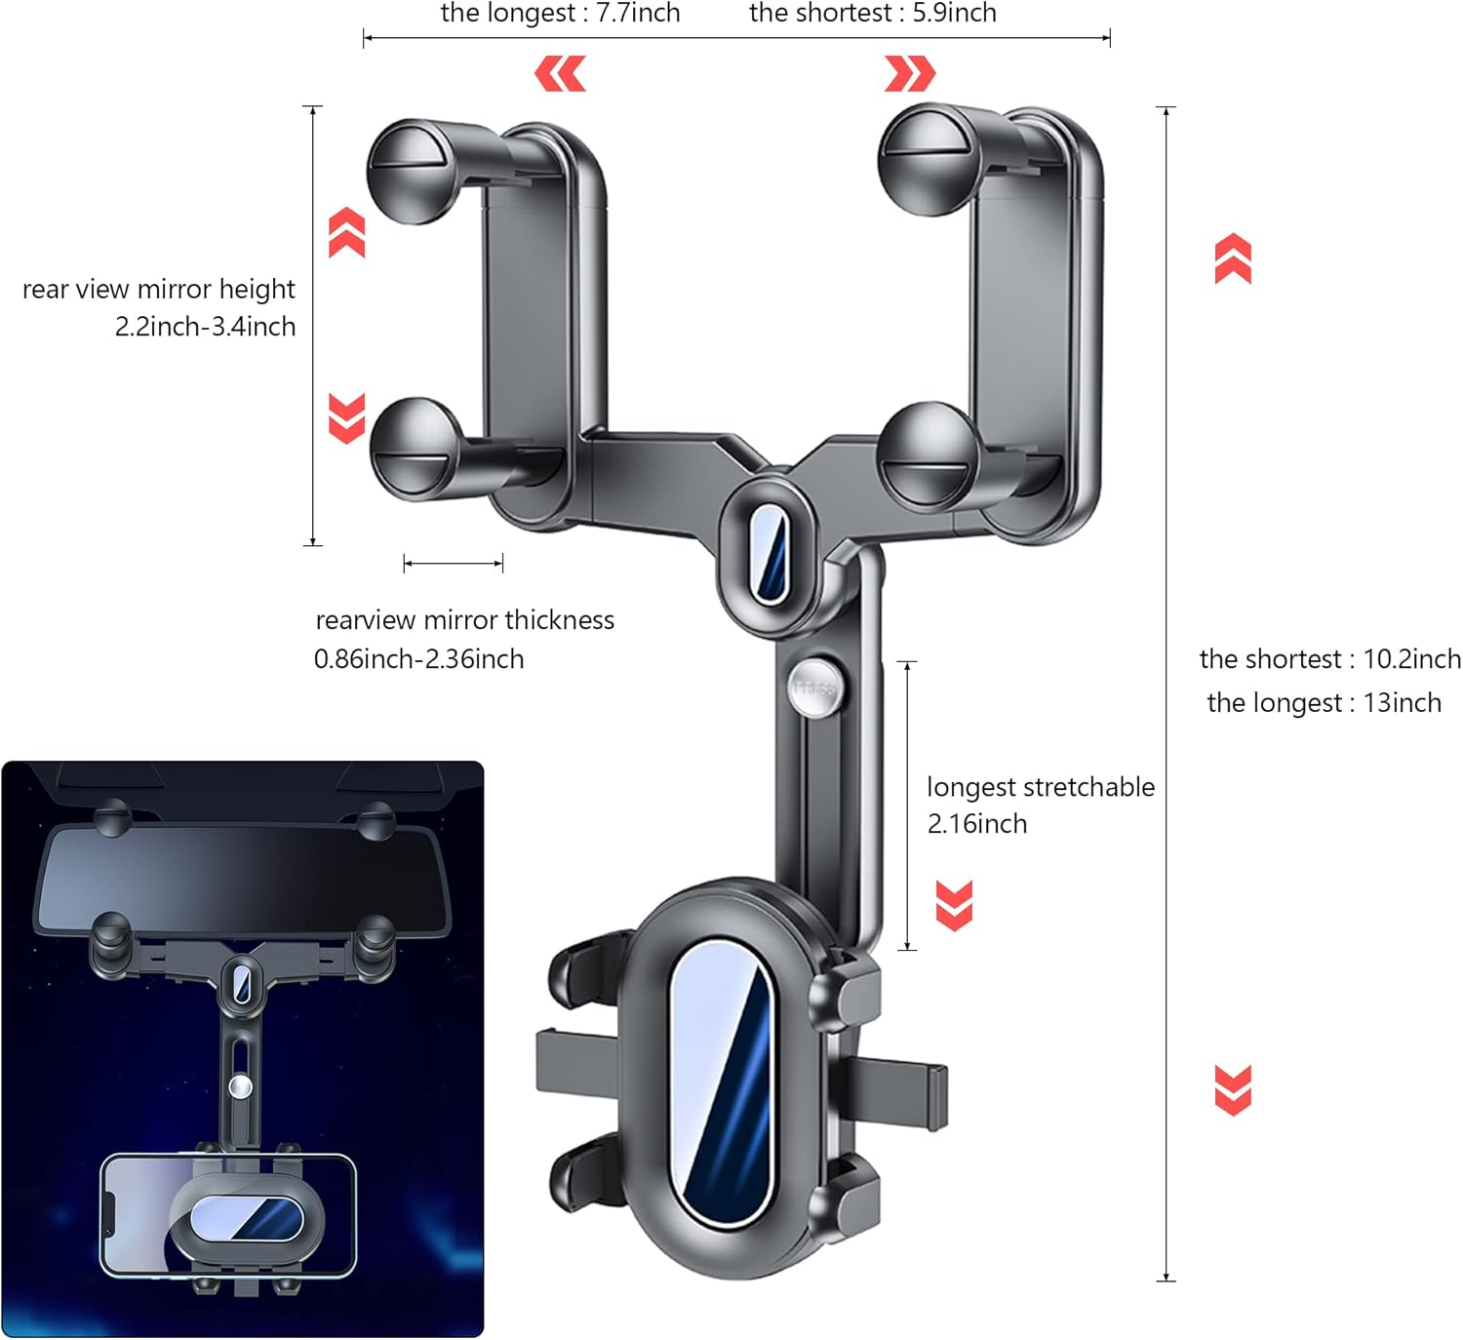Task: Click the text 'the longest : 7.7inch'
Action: click(560, 13)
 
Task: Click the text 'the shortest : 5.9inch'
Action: click(872, 13)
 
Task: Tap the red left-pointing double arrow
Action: click(560, 73)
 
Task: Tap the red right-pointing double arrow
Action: click(909, 73)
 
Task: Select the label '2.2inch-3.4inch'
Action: click(205, 326)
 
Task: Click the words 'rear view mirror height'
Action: click(158, 290)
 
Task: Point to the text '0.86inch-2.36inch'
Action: click(418, 658)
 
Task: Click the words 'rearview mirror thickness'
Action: click(464, 620)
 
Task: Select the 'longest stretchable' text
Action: click(1041, 787)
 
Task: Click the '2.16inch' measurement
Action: click(976, 823)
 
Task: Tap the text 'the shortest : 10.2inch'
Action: click(1330, 658)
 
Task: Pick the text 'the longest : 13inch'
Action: click(1324, 702)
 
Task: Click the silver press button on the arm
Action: click(814, 688)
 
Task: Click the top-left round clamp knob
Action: click(413, 172)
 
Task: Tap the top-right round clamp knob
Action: click(928, 158)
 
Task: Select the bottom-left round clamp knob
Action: click(416, 449)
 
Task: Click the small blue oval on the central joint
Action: click(769, 555)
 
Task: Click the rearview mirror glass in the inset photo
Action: click(243, 880)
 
